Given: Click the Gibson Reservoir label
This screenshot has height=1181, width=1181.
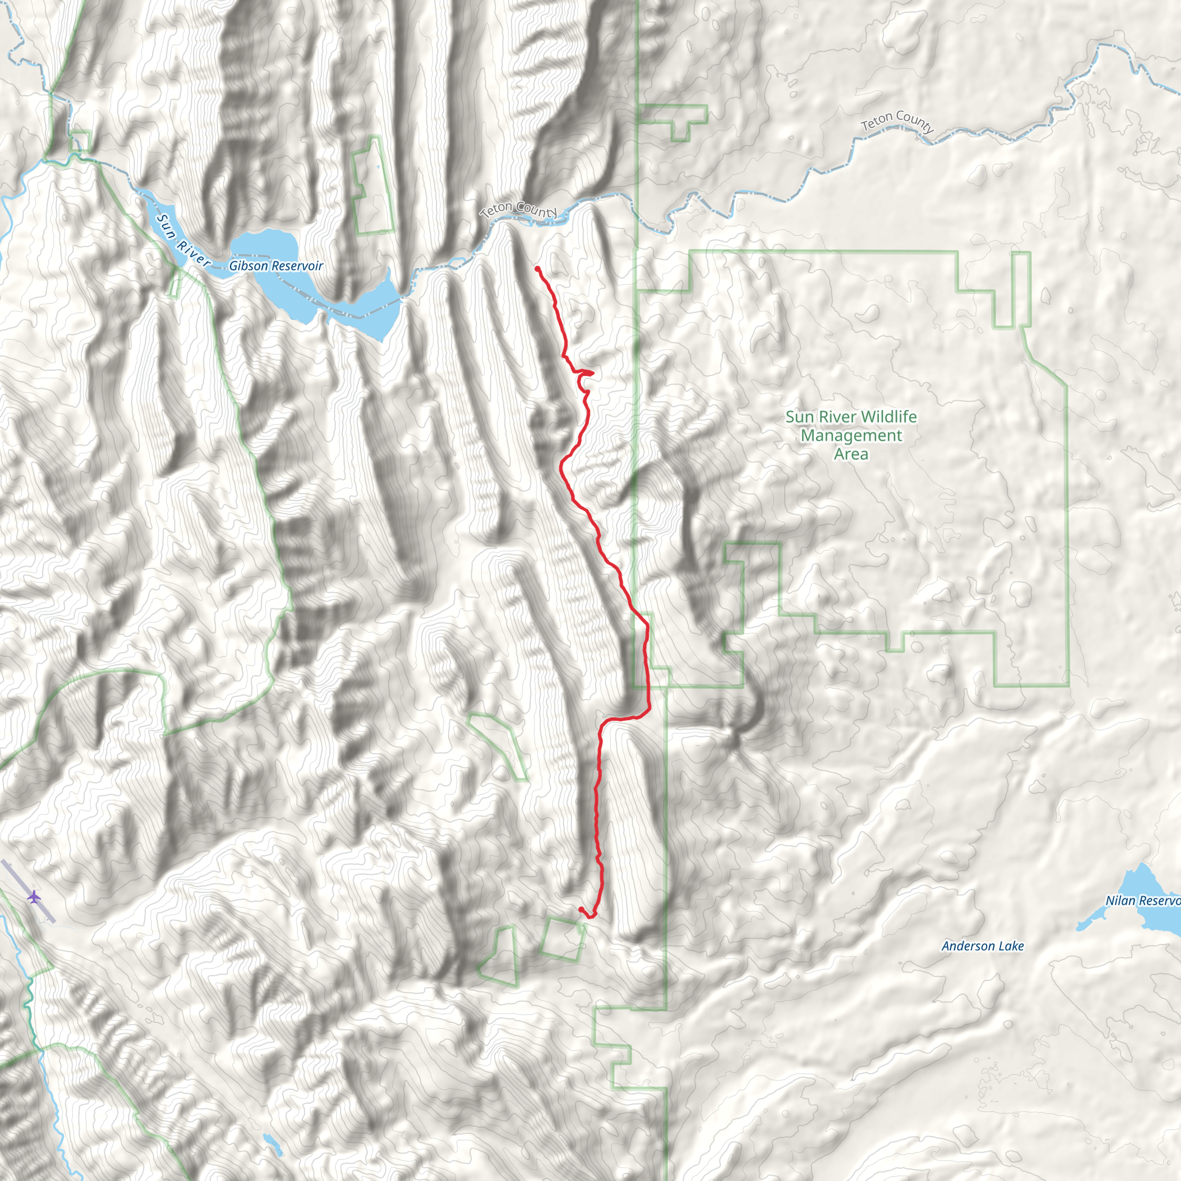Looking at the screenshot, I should (276, 266).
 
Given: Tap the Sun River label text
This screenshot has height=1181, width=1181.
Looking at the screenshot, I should (183, 240).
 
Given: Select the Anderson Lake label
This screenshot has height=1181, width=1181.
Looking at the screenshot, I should (982, 946).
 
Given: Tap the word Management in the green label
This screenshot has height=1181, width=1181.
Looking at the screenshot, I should (851, 436).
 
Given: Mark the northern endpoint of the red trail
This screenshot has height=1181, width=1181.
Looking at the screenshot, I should (537, 268).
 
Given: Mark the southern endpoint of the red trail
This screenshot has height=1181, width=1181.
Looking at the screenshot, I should (580, 909).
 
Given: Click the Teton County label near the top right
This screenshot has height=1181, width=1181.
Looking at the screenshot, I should (897, 121).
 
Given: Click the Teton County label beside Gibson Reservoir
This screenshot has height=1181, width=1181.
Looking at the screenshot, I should (518, 209).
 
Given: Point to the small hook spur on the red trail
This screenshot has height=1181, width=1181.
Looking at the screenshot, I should (586, 373).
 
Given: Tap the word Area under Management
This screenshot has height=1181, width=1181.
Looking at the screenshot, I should (851, 454).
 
